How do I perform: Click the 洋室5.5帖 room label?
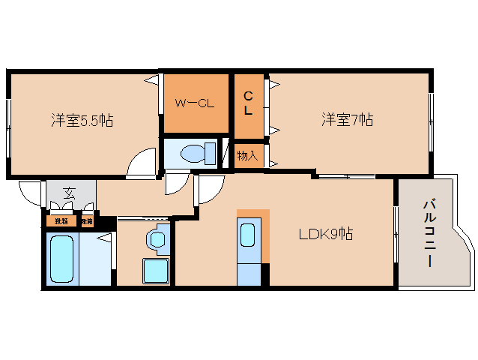[82, 120]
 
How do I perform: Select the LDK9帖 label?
[326, 234]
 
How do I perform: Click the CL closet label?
[247, 103]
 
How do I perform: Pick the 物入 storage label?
[247, 156]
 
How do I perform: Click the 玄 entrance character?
[69, 194]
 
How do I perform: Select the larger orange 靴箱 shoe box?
[61, 221]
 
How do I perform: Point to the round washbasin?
[156, 239]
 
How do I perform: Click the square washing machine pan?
[156, 270]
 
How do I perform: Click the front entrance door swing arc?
[30, 193]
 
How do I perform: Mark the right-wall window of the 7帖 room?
[431, 120]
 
